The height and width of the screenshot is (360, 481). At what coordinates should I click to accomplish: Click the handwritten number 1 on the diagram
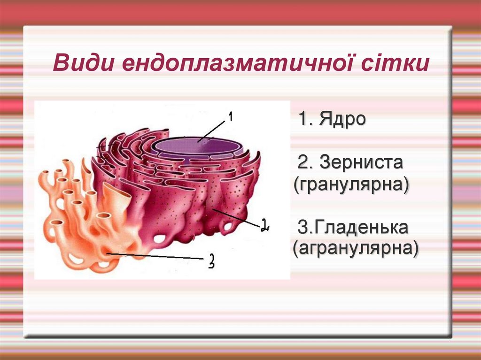click(230, 116)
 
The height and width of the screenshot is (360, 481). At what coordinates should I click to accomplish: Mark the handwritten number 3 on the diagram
click(211, 260)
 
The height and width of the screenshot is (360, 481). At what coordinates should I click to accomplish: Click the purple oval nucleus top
click(197, 146)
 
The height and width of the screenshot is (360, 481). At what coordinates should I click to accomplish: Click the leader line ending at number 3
click(155, 256)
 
